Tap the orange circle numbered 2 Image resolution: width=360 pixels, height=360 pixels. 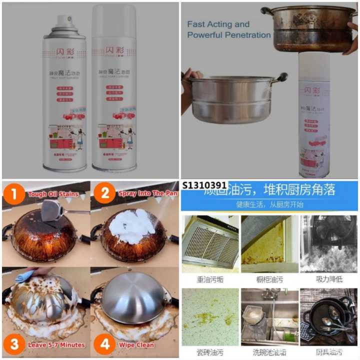tap(104, 193)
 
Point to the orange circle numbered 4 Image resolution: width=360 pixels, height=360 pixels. tap(104, 344)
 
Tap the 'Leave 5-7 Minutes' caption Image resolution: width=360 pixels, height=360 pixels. tap(55, 344)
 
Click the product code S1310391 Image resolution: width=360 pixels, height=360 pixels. tap(205, 185)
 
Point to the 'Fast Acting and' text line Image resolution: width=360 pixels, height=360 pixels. tap(218, 24)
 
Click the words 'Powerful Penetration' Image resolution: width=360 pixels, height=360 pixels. tap(228, 35)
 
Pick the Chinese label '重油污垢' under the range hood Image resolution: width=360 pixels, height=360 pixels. tap(210, 277)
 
